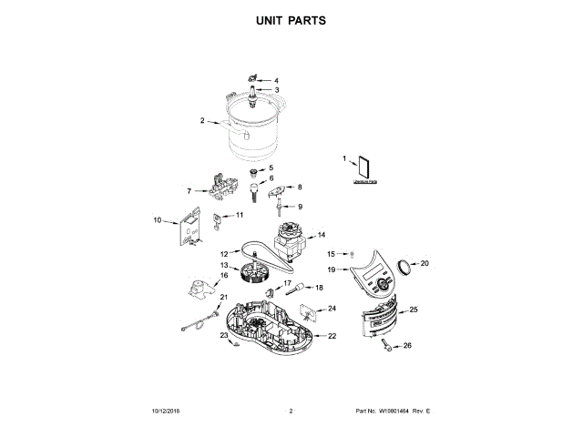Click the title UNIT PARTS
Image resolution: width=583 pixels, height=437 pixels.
tap(291, 20)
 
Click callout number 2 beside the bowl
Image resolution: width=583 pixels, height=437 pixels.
tap(202, 120)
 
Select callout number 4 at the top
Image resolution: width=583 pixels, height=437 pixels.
tap(276, 80)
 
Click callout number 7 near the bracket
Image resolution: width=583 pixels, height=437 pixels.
tap(189, 191)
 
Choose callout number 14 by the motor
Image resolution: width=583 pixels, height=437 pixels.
tap(321, 235)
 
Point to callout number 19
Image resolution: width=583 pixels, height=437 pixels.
tap(332, 269)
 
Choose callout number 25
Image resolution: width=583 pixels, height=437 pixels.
tap(414, 310)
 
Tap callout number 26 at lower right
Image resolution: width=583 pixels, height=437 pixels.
tap(407, 345)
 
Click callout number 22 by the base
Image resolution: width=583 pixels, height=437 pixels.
tap(332, 336)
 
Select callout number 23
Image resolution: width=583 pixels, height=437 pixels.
tap(224, 335)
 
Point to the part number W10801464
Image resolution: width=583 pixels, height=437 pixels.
tap(394, 412)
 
